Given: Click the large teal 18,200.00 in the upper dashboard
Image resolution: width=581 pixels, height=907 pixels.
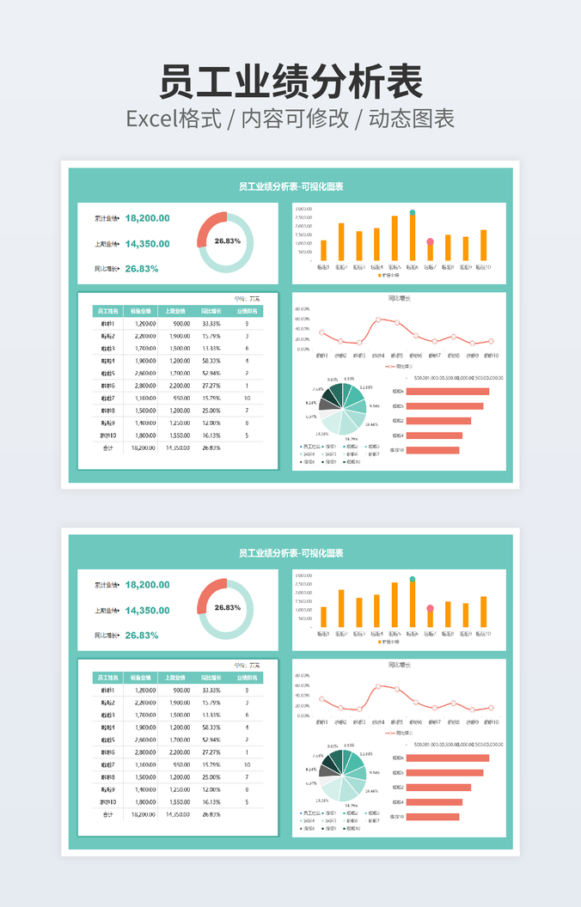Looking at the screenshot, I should click(147, 218).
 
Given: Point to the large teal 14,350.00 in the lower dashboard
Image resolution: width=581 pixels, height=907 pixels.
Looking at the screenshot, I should click(147, 611).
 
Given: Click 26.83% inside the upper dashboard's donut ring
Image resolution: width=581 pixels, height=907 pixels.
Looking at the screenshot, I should click(227, 241).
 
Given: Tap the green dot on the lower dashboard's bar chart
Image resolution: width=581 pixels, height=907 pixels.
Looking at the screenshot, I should click(413, 579).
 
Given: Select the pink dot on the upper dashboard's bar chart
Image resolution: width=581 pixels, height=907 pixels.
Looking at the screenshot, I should click(430, 244).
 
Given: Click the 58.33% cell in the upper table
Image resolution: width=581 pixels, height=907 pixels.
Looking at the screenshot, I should click(211, 361).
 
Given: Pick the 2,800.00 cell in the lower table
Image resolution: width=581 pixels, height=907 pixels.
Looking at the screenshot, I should click(144, 752).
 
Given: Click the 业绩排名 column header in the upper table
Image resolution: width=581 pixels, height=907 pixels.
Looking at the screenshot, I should click(247, 311).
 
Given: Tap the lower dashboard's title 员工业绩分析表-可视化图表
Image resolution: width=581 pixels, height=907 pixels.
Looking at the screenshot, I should click(290, 553).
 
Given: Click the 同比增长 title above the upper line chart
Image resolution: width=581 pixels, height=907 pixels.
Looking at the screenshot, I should click(400, 299).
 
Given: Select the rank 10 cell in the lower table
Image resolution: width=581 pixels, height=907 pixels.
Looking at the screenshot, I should click(247, 764).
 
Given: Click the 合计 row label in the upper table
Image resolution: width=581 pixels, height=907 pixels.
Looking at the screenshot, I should click(107, 447).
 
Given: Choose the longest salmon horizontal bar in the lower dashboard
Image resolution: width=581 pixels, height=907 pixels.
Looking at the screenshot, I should click(447, 758).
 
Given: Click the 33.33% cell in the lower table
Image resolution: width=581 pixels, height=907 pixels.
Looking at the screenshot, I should click(211, 691).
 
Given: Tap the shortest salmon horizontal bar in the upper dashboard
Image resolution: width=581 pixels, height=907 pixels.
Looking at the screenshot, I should click(432, 450).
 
